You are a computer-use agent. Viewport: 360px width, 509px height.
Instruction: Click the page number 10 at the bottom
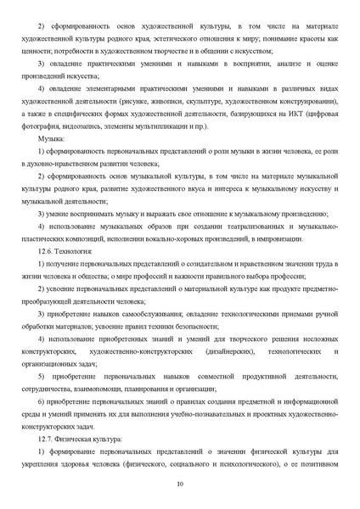tap(180, 484)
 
